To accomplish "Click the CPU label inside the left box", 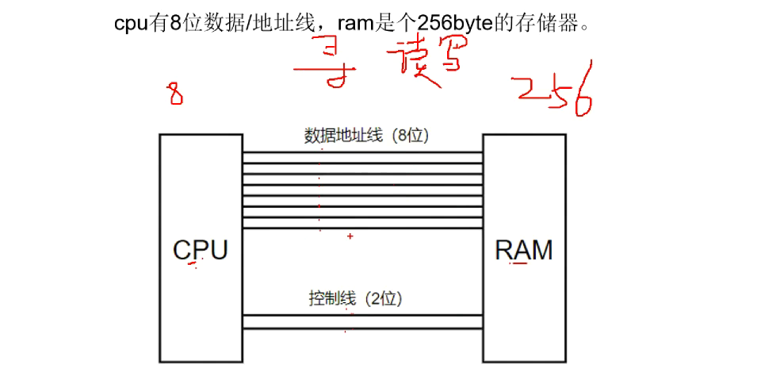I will click(x=201, y=250).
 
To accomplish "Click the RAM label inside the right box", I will click(x=524, y=250).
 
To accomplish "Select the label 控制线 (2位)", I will click(x=357, y=299).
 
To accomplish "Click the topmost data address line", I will click(x=363, y=153).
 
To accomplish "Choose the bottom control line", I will click(x=363, y=328).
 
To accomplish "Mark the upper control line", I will click(x=363, y=315).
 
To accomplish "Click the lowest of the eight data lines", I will click(x=363, y=228).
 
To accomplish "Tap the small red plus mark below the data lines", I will click(x=350, y=236).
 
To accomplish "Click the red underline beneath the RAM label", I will click(x=519, y=266).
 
